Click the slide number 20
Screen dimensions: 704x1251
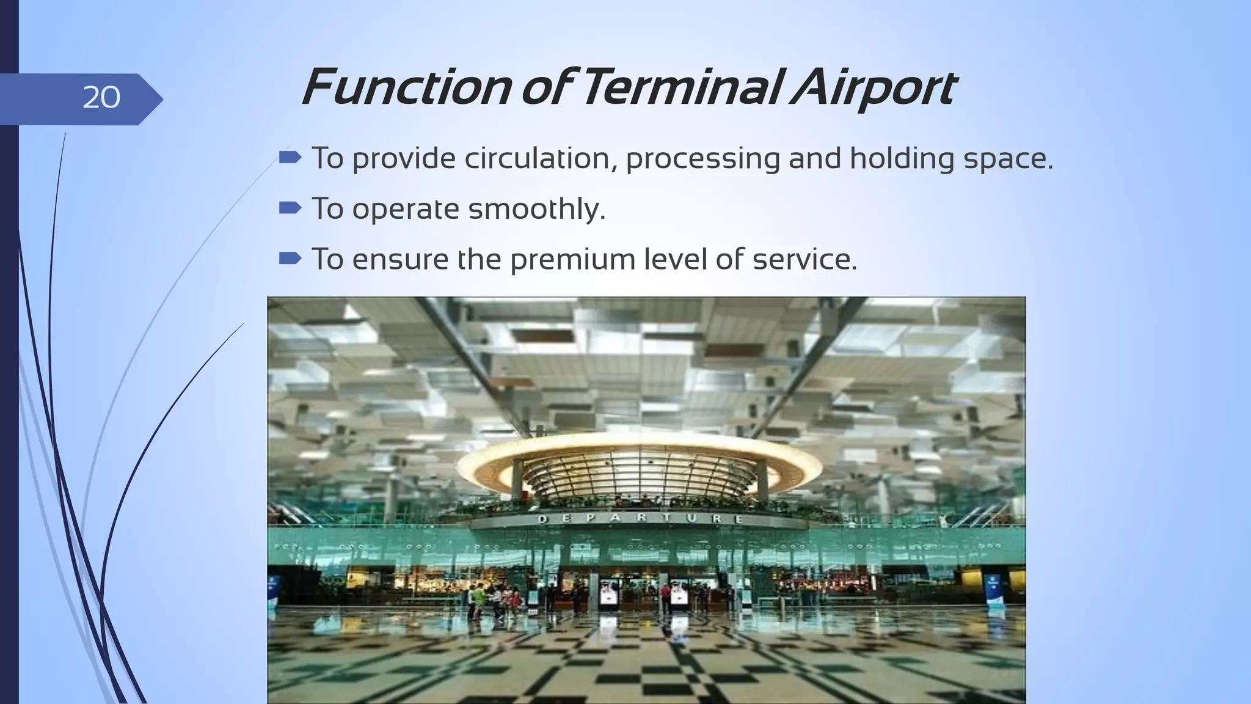[101, 98]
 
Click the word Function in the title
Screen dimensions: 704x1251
[406, 88]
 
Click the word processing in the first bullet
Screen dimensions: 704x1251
[702, 159]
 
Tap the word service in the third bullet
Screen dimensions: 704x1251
[804, 259]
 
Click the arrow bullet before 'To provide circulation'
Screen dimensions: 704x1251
[290, 158]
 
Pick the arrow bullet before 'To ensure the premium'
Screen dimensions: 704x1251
[290, 259]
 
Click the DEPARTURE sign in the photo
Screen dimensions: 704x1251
[640, 519]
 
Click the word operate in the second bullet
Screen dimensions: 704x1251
[405, 210]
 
